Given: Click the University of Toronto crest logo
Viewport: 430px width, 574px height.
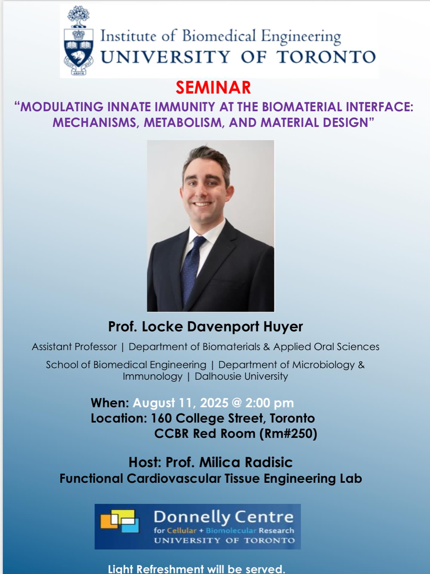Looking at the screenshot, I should tap(78, 42).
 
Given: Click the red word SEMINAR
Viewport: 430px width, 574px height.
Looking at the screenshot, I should tap(213, 88).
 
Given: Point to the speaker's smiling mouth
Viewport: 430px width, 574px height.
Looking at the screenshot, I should tap(203, 204).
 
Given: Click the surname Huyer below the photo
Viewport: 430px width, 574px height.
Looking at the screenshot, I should tap(283, 326).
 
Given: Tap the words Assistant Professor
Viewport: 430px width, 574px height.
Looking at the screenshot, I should tap(74, 347).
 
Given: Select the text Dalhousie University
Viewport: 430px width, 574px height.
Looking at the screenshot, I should tap(241, 376).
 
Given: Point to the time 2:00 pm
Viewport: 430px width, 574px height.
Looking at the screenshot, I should tap(269, 403).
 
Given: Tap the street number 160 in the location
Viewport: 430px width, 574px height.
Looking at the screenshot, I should tap(161, 418).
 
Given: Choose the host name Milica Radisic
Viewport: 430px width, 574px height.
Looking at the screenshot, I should tap(246, 462).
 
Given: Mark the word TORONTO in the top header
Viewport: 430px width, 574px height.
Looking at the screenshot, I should tap(326, 57).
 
